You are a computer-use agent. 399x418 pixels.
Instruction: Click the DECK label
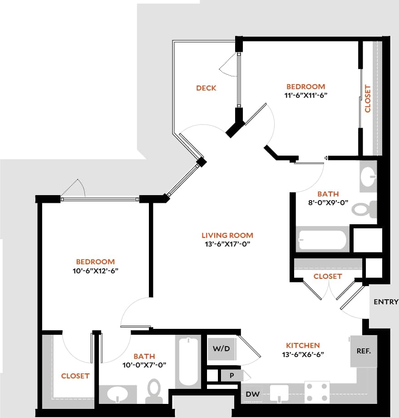pos(206,88)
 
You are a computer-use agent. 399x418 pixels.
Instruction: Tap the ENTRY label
pos(386,302)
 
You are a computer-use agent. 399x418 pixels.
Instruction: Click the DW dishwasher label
pos(253,394)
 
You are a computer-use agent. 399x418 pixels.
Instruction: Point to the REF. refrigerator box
pos(364,351)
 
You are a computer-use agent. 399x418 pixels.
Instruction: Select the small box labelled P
pos(231,375)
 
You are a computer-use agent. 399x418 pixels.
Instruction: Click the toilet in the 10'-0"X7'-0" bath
pos(154,391)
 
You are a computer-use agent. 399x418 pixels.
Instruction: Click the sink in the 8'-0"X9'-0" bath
pos(368,175)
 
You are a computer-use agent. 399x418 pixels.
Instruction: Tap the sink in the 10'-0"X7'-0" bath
pos(118,394)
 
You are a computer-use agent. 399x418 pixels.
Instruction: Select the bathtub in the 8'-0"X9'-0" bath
pos(322,240)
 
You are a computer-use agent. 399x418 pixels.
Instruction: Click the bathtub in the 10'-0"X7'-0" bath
pos(188,361)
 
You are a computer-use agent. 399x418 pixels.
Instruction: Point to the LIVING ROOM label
pos(227,235)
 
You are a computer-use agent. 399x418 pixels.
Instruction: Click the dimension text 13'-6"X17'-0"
pos(227,244)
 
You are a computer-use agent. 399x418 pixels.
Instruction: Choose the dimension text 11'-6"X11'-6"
pos(305,96)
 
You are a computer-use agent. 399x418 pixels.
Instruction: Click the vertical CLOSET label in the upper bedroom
pos(368,99)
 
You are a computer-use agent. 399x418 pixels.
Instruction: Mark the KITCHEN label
pos(303,345)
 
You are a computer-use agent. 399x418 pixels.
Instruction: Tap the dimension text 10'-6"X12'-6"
pos(95,271)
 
